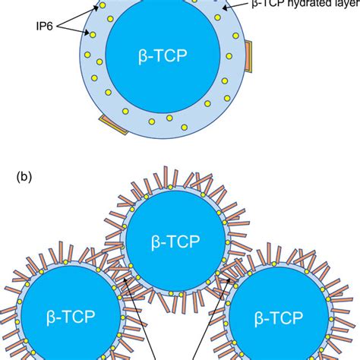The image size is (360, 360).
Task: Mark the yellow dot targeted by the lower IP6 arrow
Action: tap(92, 34)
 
